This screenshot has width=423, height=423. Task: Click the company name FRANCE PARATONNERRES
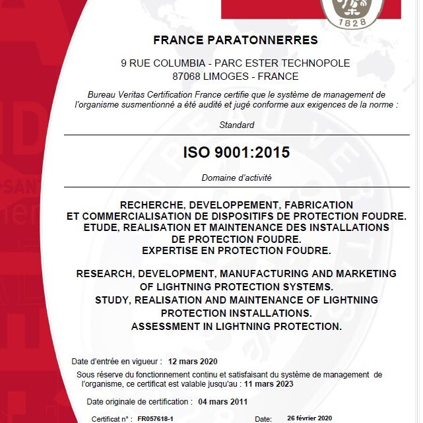click(x=236, y=40)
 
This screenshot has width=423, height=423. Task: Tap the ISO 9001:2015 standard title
click(x=236, y=153)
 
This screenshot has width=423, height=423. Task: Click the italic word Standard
click(x=236, y=125)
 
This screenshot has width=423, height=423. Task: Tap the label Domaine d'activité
click(x=236, y=178)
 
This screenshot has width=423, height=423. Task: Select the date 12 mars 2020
click(x=193, y=361)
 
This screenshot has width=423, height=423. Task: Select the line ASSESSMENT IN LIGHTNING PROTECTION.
click(x=236, y=326)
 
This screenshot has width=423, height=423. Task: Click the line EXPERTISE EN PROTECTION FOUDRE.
click(x=236, y=250)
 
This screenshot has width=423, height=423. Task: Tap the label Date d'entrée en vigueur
click(x=117, y=361)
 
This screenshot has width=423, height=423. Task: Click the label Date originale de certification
click(x=140, y=401)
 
